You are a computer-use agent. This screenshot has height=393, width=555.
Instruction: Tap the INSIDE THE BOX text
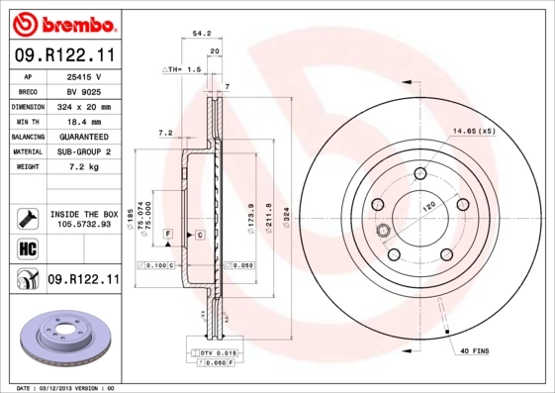pyautogui.click(x=83, y=214)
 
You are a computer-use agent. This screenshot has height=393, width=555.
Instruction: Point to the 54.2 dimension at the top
pyautogui.click(x=202, y=33)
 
